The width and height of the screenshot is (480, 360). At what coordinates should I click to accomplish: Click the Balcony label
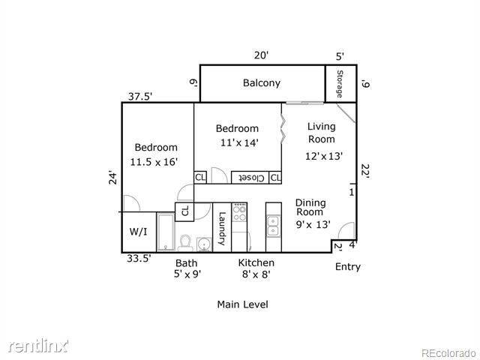(262, 83)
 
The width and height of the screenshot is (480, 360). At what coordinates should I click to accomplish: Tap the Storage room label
(340, 84)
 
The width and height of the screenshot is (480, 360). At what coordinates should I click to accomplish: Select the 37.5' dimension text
(140, 97)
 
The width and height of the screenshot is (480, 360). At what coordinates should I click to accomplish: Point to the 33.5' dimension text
(139, 258)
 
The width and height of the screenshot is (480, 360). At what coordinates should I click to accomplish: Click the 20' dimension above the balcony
(262, 55)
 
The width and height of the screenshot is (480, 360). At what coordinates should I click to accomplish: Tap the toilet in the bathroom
(185, 243)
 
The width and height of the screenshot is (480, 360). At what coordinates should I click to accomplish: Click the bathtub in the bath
(166, 232)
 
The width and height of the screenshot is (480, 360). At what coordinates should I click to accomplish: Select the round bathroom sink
(204, 244)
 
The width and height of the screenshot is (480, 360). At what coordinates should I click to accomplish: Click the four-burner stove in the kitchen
(239, 212)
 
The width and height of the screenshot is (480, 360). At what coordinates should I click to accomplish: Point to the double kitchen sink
(273, 226)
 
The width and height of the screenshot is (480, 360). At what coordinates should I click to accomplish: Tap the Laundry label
(222, 228)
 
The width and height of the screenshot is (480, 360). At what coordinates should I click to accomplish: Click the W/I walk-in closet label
(138, 232)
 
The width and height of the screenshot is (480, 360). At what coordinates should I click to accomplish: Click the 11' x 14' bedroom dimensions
(240, 142)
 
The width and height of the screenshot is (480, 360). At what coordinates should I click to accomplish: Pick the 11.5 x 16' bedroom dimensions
(154, 162)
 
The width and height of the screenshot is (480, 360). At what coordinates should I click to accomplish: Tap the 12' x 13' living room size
(323, 156)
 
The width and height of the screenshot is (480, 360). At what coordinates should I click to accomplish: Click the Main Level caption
(243, 304)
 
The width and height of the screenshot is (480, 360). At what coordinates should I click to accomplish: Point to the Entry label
(348, 267)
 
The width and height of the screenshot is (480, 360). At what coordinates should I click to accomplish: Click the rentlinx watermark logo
(38, 345)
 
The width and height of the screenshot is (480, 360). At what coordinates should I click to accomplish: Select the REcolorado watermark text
(448, 353)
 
